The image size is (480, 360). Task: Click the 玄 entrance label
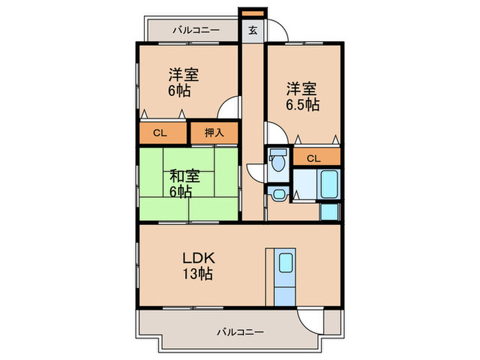coord(252,30)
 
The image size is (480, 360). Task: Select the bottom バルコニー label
coord(240,332)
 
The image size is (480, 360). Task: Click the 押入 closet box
coord(214,133)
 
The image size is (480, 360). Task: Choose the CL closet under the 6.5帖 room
coord(315,158)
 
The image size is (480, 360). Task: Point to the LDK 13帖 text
coord(198,266)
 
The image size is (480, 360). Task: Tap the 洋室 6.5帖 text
coord(302,96)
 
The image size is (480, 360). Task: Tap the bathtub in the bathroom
coord(330,184)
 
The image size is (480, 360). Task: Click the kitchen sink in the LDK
coord(285,263)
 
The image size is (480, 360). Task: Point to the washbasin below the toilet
coord(278,194)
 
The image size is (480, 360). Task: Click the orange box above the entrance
coord(251,13)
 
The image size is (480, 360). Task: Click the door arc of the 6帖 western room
coord(230,109)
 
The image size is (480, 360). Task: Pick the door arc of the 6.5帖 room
coord(274,133)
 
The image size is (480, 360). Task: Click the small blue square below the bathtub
coord(329,211)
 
